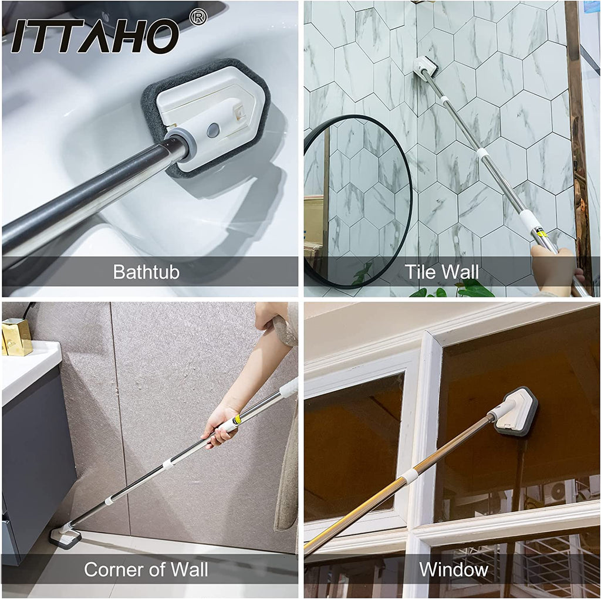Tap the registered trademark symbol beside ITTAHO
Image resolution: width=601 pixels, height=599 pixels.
point(198,17)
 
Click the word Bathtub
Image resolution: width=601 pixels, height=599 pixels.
point(146,272)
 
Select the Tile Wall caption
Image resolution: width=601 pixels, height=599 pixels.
point(441,272)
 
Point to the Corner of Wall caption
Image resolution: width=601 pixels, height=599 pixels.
point(146,569)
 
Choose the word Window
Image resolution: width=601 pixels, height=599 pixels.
point(454,569)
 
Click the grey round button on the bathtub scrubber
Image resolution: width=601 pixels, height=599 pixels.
point(212,131)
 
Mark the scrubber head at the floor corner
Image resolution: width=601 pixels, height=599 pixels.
point(66,536)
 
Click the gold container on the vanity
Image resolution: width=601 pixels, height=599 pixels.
point(17,337)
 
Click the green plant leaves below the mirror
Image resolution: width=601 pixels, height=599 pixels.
point(453,289)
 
